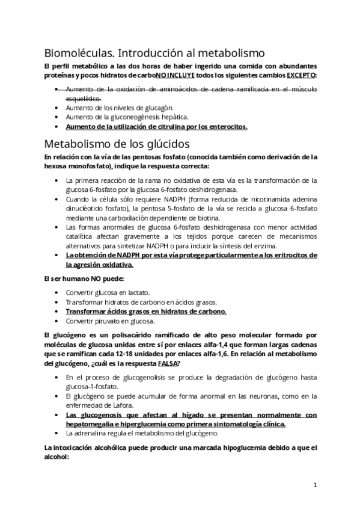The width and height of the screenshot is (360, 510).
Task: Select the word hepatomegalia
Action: pos(90,423)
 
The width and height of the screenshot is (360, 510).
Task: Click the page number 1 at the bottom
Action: pos(315,484)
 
